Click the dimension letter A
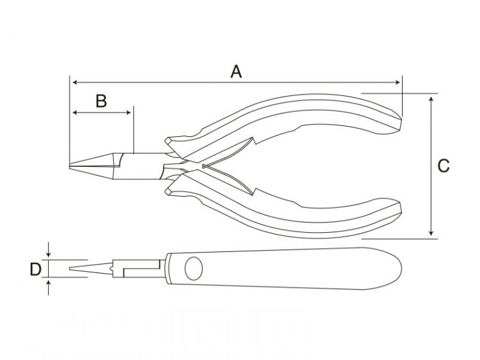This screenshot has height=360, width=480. point(236,72)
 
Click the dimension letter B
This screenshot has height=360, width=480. point(101,101)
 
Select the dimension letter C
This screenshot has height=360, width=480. point(444,166)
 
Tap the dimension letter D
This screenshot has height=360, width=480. point(35,269)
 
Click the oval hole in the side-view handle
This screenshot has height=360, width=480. point(194,268)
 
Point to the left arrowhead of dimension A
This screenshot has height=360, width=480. point(74,82)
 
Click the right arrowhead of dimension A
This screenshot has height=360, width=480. point(397,82)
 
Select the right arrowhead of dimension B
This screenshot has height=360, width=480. point(129,113)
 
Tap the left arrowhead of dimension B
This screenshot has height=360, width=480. point(74,113)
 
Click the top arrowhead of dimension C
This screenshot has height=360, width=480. point(431,99)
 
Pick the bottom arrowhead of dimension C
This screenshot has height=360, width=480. point(431,233)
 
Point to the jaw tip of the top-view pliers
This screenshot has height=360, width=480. point(70,166)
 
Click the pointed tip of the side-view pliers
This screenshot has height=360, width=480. point(70,269)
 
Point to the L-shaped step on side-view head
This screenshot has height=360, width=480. point(141,269)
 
